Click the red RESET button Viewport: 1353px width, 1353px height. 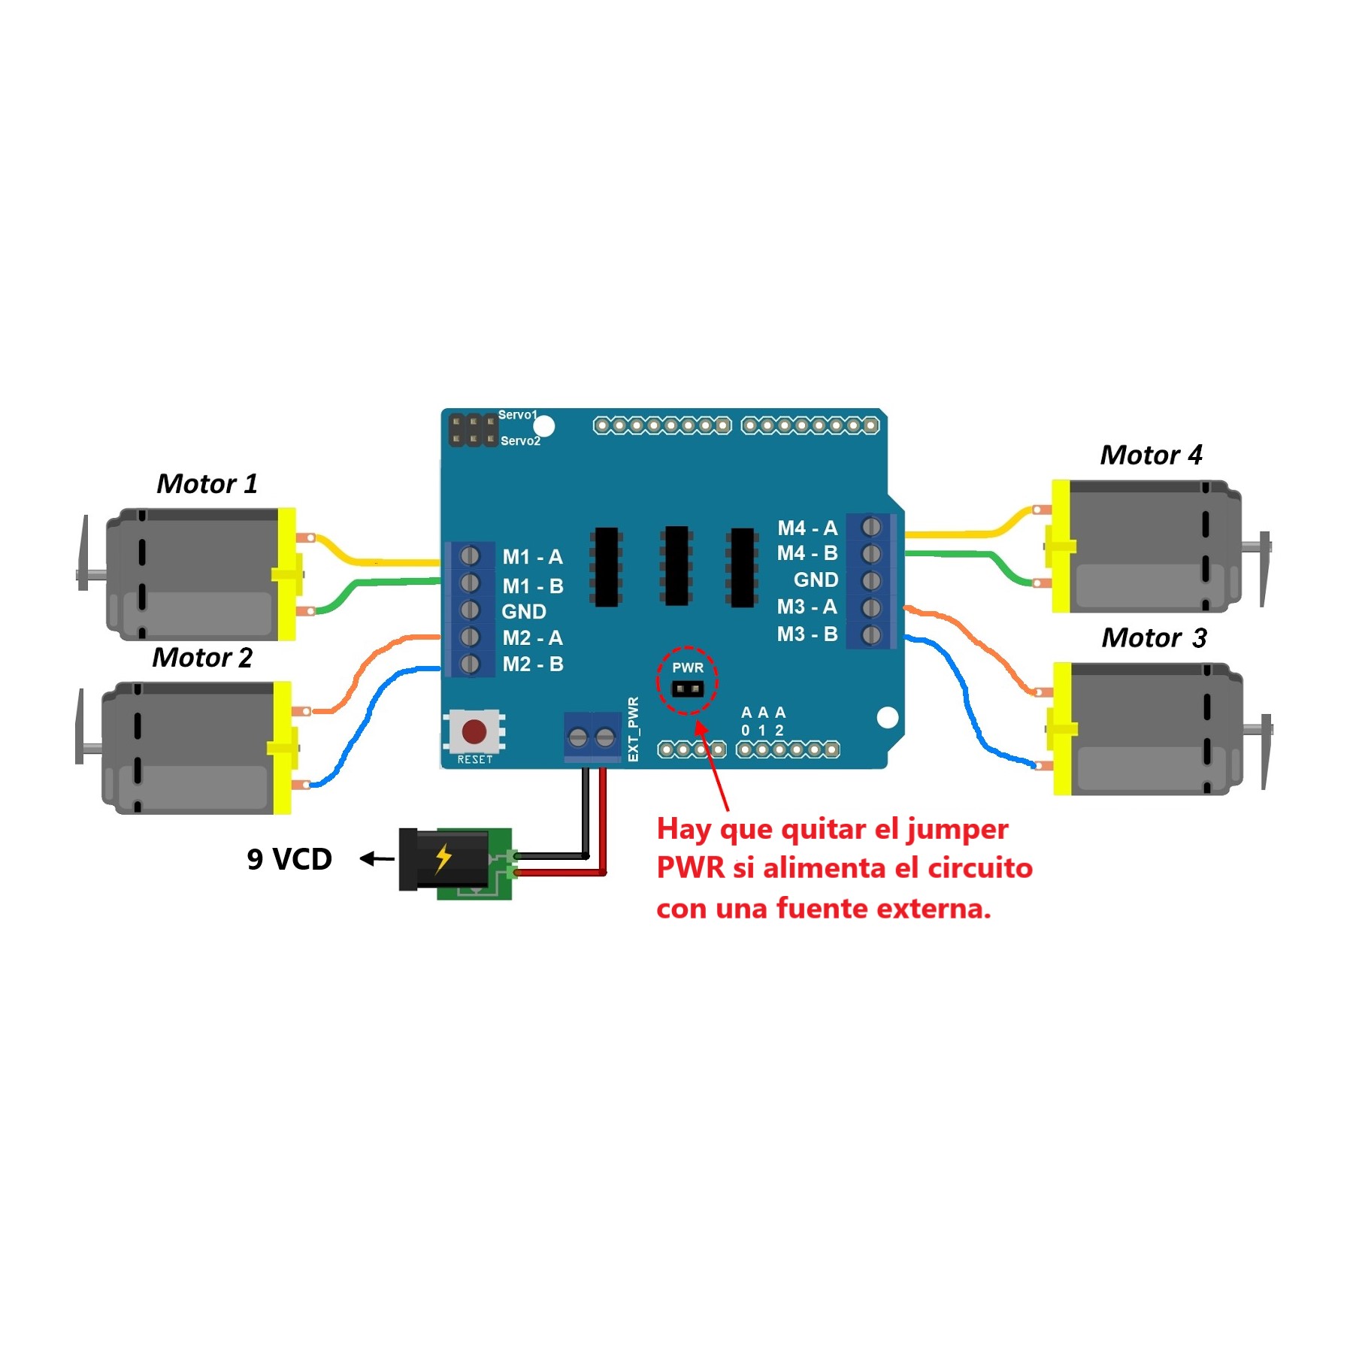[474, 731]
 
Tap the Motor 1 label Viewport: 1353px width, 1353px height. [207, 483]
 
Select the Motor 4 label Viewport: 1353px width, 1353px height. [1151, 455]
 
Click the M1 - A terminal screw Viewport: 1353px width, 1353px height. [470, 555]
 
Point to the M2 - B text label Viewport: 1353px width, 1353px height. [533, 664]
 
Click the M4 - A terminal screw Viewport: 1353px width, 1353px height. [871, 526]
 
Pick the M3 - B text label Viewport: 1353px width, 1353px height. [807, 634]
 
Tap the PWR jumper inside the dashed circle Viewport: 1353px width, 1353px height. [687, 689]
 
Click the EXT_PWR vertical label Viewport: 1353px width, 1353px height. [634, 729]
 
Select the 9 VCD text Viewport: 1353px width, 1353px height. [289, 859]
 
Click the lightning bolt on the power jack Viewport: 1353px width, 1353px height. [443, 858]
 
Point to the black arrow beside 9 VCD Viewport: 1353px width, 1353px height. [377, 858]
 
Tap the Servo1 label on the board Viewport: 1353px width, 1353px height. [517, 415]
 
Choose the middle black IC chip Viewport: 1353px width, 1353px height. [676, 565]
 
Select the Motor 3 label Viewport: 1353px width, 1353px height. [1154, 637]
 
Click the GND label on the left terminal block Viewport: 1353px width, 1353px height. [524, 612]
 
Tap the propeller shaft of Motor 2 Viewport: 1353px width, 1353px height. [91, 748]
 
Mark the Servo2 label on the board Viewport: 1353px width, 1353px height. [520, 441]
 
